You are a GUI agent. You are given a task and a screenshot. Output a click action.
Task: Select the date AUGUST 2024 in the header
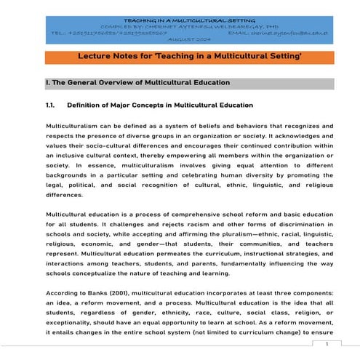tap(178, 40)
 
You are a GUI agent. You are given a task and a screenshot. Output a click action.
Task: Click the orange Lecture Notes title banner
tap(179, 55)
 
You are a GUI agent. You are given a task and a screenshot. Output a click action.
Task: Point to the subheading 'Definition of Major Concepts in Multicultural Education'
tap(159, 105)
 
